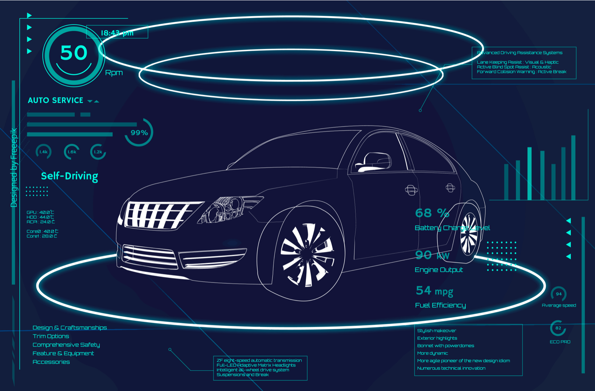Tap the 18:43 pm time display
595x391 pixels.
coord(117,33)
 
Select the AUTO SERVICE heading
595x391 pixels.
coord(56,101)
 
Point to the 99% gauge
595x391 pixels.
coord(139,133)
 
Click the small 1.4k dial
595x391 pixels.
coord(43,152)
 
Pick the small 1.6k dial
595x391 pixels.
coord(72,152)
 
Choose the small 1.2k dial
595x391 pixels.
coord(98,152)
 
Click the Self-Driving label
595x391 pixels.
coord(70,176)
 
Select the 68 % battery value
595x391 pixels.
coord(432,213)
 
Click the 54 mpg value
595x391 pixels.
coord(434,291)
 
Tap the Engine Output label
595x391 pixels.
coord(439,270)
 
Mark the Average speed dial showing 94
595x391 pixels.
coord(559,294)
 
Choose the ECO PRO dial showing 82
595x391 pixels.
coord(558,328)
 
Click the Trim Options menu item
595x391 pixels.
coord(51,336)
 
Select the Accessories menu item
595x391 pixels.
coord(51,362)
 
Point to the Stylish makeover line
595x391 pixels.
coord(436,331)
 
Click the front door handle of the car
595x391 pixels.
coord(411,190)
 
